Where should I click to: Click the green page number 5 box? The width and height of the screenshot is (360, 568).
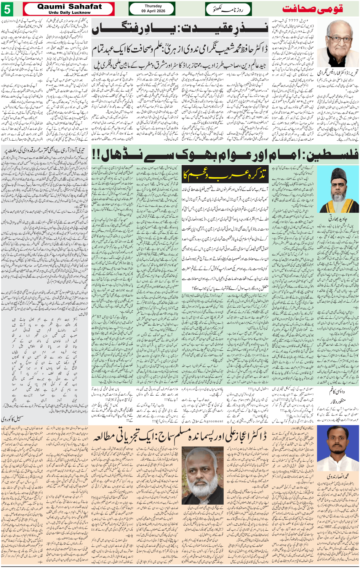click(7, 9)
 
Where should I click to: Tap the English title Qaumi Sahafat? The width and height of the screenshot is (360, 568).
click(70, 6)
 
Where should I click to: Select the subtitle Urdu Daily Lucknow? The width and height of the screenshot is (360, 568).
click(70, 13)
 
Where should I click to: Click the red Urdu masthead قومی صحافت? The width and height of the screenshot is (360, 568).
click(313, 9)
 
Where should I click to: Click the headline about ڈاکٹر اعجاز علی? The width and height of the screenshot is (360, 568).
click(179, 436)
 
